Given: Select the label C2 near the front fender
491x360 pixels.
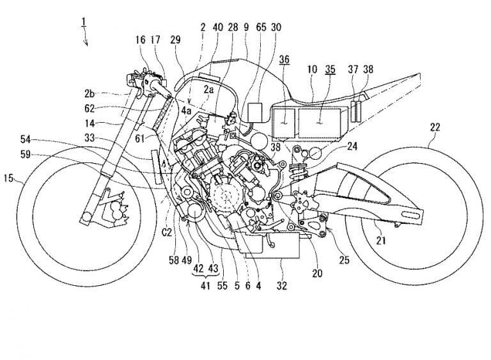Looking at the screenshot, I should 166,233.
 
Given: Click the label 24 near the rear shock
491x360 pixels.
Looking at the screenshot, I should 352,145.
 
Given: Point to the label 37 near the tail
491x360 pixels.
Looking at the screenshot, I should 352,69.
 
